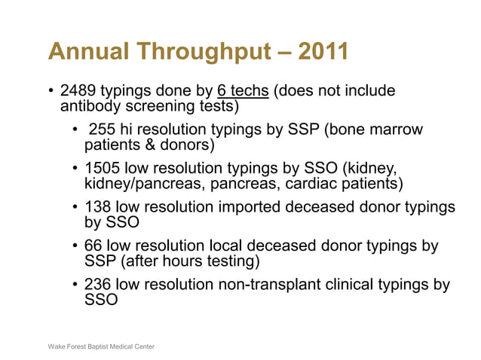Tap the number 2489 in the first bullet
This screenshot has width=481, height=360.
point(80,92)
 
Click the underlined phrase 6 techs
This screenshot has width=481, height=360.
point(243,92)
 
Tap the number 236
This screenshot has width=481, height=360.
point(99,285)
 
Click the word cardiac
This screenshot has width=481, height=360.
point(310,184)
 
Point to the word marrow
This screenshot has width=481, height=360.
point(397,131)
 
